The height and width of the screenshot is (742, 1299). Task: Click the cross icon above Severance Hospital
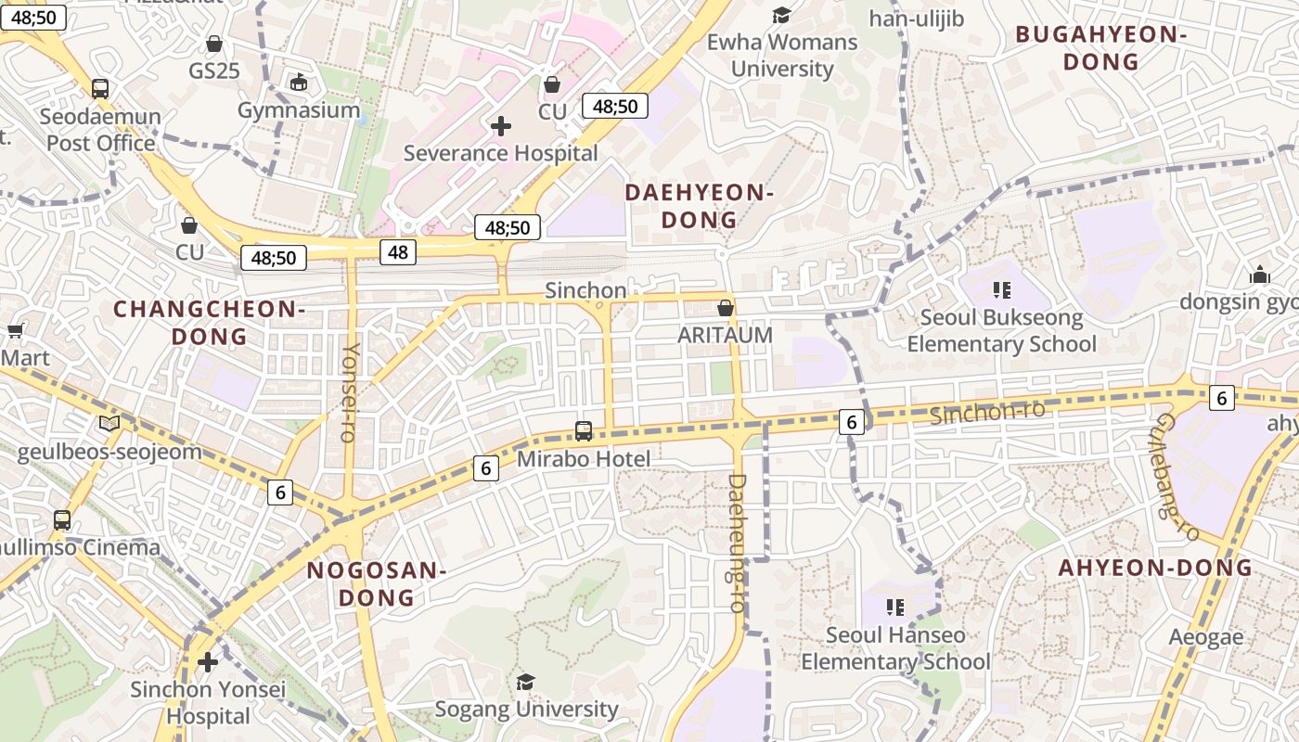tap(501, 126)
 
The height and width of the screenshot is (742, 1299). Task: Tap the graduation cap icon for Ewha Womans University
tap(782, 16)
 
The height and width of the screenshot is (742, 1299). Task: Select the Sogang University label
tap(526, 710)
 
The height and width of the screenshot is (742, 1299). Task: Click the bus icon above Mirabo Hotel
tap(584, 430)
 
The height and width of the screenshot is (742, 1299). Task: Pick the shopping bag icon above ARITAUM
tap(726, 307)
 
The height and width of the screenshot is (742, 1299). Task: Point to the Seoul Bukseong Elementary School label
tap(1001, 331)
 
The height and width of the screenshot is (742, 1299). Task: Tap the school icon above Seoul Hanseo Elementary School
tap(895, 608)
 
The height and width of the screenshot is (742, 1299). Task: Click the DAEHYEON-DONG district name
tap(699, 206)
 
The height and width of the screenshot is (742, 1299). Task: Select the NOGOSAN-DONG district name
tap(377, 583)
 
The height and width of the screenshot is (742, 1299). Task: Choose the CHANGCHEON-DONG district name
tap(209, 322)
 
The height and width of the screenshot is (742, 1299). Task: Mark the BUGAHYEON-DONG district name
tap(1101, 48)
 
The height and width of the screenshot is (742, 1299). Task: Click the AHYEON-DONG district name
tap(1155, 568)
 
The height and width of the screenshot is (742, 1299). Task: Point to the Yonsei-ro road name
tap(350, 392)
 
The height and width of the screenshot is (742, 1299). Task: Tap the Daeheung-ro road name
tap(737, 543)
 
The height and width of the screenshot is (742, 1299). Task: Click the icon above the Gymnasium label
tap(299, 83)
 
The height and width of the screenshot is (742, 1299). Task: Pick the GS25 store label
tap(214, 70)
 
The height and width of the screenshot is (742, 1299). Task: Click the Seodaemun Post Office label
tap(101, 130)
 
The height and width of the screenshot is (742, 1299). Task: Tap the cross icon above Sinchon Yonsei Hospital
tap(208, 662)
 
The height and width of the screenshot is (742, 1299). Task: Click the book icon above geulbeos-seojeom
tap(109, 424)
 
